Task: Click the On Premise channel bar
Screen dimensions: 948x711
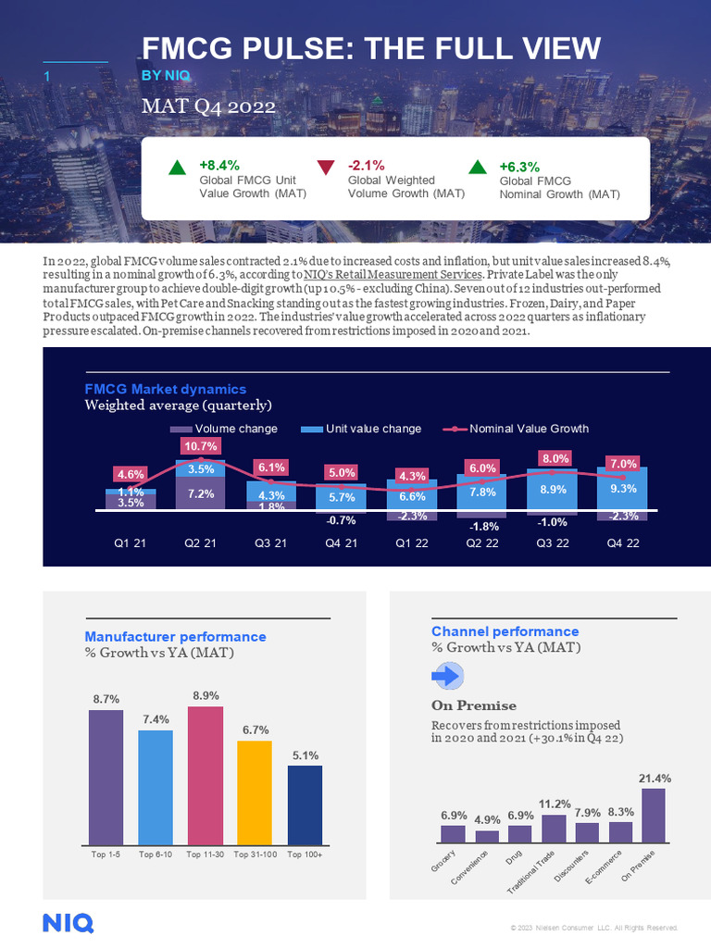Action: coord(654,815)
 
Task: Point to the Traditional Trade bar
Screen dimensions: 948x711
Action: coord(554,829)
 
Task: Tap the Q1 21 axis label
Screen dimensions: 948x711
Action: coord(124,543)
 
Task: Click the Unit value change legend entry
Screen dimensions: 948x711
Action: coord(362,429)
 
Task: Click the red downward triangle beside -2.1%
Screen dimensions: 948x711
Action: coord(325,168)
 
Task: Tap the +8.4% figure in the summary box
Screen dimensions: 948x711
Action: coord(218,164)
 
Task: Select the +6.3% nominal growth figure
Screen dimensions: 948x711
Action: coord(518,167)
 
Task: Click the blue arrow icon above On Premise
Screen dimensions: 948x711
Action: coord(447,677)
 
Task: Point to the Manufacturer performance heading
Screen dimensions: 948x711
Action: coord(175,637)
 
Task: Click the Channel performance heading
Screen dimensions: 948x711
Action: coord(505,631)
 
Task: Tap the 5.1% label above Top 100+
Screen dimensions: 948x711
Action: coord(306,755)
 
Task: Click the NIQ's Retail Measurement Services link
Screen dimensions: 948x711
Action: coord(393,275)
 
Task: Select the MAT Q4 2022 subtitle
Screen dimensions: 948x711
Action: coord(208,106)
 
